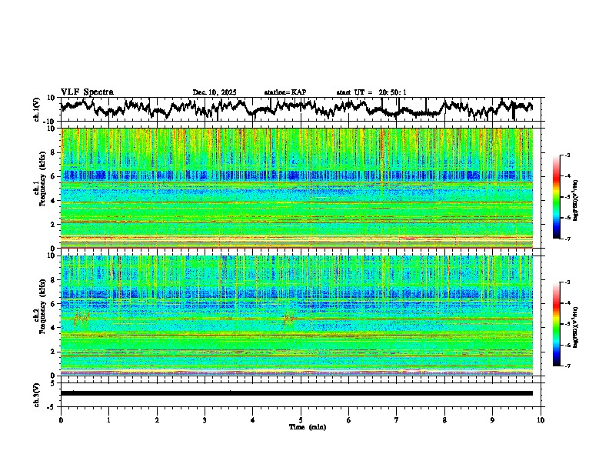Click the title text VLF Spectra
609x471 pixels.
(x=87, y=92)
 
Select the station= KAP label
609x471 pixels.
(x=285, y=92)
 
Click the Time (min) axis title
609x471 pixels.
(x=307, y=426)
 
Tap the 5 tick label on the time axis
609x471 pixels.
(x=301, y=419)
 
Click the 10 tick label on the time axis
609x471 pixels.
(x=541, y=419)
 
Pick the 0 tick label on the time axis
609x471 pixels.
(x=61, y=419)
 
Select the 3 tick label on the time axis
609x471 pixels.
(x=205, y=419)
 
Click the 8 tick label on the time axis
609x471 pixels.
(x=444, y=419)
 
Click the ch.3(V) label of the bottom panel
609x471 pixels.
(x=36, y=392)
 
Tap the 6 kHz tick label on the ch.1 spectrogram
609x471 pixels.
(x=55, y=176)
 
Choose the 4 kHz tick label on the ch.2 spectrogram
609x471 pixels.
(x=55, y=328)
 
